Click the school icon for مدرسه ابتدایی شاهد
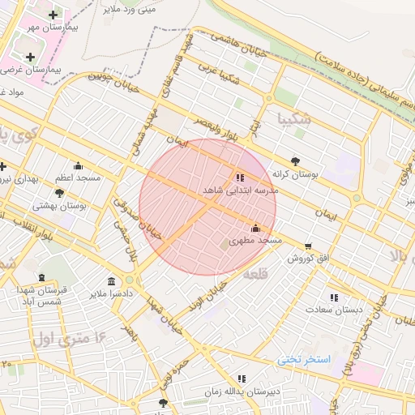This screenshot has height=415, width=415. tap(239, 177)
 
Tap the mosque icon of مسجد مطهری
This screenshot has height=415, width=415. tap(255, 229)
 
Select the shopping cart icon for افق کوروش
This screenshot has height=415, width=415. tap(308, 246)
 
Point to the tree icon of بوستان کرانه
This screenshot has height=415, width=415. tap(295, 161)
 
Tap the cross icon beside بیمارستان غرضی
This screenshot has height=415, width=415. tap(31, 57)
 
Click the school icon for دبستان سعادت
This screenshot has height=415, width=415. tap(334, 297)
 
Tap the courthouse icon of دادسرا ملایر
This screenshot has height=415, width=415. tap(111, 280)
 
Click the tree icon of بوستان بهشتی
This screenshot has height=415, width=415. tap(59, 193)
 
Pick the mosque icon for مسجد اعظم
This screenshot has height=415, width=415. tap(78, 165)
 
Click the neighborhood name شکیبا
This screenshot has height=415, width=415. tap(293, 118)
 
